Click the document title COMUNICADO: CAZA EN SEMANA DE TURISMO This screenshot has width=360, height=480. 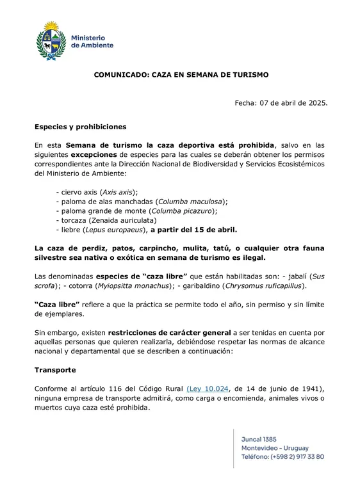coord(181,74)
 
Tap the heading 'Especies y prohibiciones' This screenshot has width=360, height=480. coord(81,127)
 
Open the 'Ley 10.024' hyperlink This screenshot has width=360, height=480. coord(208,388)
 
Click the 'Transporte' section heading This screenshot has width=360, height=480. coord(55,370)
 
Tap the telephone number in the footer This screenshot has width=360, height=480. coord(282,456)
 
